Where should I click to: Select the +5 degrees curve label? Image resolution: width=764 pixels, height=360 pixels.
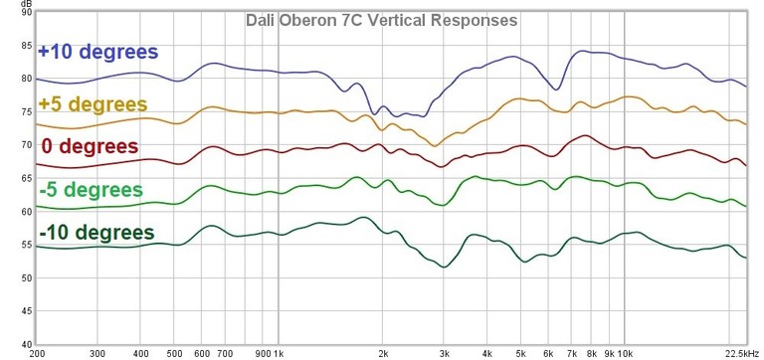pos(92,103)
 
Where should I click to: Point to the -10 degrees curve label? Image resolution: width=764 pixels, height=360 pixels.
pos(96,233)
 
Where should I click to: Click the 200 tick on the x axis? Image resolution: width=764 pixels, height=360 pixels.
pos(38,352)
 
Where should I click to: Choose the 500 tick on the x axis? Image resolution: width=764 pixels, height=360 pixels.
pos(175,352)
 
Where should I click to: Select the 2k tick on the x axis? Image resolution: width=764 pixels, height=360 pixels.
pos(383,352)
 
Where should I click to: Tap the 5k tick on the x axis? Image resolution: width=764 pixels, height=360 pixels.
pos(520,352)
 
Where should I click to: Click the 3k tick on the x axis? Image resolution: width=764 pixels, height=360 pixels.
pos(444,352)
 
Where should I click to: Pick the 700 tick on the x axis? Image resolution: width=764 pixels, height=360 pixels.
pos(225,352)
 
